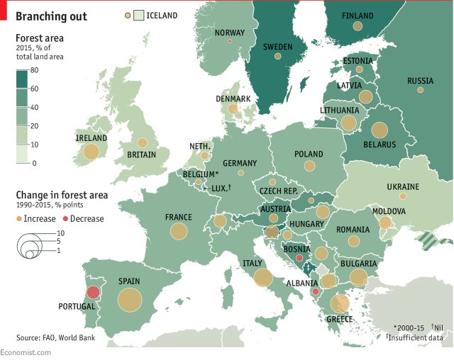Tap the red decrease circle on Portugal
click(x=92, y=291)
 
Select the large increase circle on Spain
click(x=130, y=300)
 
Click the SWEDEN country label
click(x=278, y=47)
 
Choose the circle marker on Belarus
click(x=380, y=130)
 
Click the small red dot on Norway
click(x=229, y=41)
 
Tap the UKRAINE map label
click(x=403, y=187)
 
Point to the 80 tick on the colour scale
click(x=33, y=70)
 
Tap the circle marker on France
click(x=178, y=230)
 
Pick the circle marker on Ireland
click(x=91, y=152)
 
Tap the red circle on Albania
click(x=315, y=291)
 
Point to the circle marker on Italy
click(x=262, y=278)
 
